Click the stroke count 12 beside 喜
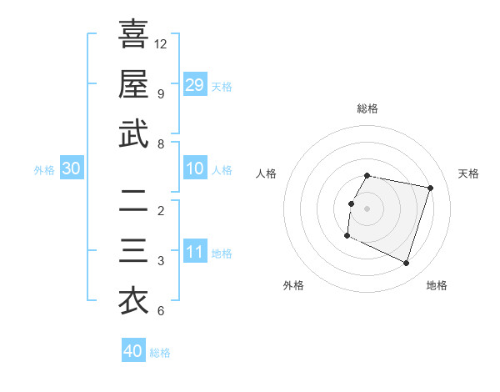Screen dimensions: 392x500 pyautogui.click(x=161, y=43)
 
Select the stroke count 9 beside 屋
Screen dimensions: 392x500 pyautogui.click(x=160, y=93)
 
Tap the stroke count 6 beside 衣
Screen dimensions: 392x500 pyautogui.click(x=160, y=311)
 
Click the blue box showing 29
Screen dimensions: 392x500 pyautogui.click(x=195, y=85)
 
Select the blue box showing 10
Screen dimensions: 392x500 pyautogui.click(x=195, y=169)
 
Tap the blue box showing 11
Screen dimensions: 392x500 pyautogui.click(x=195, y=253)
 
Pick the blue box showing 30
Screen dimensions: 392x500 pyautogui.click(x=72, y=169)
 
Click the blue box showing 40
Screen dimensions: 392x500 pyautogui.click(x=133, y=351)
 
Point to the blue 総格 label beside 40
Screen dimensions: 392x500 pyautogui.click(x=161, y=353)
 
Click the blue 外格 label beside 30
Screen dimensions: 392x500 pyautogui.click(x=44, y=170)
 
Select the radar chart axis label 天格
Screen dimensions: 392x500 pyautogui.click(x=468, y=173)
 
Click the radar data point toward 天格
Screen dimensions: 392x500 pyautogui.click(x=431, y=188)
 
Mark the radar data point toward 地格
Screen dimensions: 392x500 pyautogui.click(x=407, y=264)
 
